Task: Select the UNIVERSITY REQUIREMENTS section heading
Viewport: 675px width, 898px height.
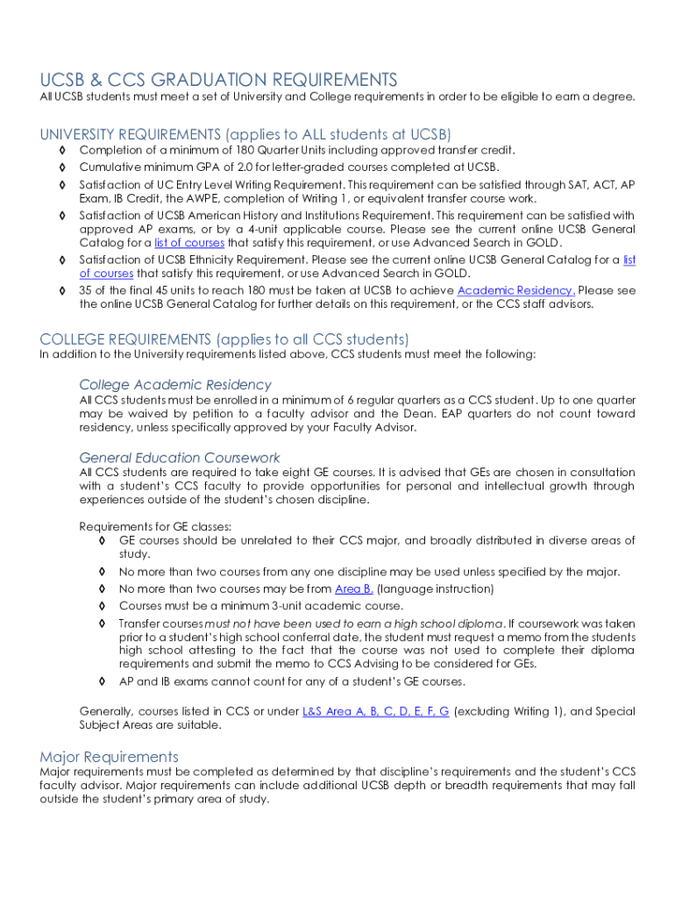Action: click(x=245, y=134)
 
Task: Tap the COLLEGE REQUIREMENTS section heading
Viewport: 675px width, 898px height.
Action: click(x=224, y=339)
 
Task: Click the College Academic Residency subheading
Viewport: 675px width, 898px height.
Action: click(x=175, y=384)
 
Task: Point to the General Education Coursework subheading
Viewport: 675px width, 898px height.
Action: click(x=180, y=457)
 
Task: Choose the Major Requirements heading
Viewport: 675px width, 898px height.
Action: click(x=109, y=756)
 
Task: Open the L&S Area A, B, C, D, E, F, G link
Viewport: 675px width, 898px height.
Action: click(x=375, y=711)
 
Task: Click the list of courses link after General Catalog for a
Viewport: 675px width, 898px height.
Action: click(x=189, y=243)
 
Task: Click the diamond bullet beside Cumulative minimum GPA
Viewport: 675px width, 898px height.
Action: click(x=62, y=167)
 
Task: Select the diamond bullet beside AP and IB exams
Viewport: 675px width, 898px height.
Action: click(x=102, y=681)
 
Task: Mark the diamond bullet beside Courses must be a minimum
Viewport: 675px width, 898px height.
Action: click(x=102, y=606)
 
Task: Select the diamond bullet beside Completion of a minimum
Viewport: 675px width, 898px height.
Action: click(x=62, y=151)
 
